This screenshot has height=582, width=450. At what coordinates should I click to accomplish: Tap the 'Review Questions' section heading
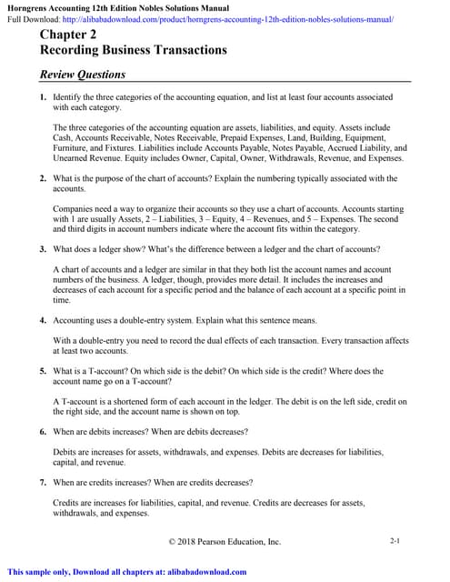83,74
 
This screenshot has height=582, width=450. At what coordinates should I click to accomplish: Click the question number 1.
43,95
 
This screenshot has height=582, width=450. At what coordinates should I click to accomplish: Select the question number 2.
43,178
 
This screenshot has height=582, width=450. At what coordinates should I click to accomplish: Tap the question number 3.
43,248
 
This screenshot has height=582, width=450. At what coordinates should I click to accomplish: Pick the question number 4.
43,320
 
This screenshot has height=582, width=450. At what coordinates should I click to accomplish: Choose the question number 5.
43,371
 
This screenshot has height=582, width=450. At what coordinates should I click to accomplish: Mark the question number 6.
43,430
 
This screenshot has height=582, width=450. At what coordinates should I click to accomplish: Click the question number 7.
43,482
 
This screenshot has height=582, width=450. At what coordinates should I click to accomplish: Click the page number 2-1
395,541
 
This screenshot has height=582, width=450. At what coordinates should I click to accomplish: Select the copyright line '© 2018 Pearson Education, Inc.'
225,542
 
